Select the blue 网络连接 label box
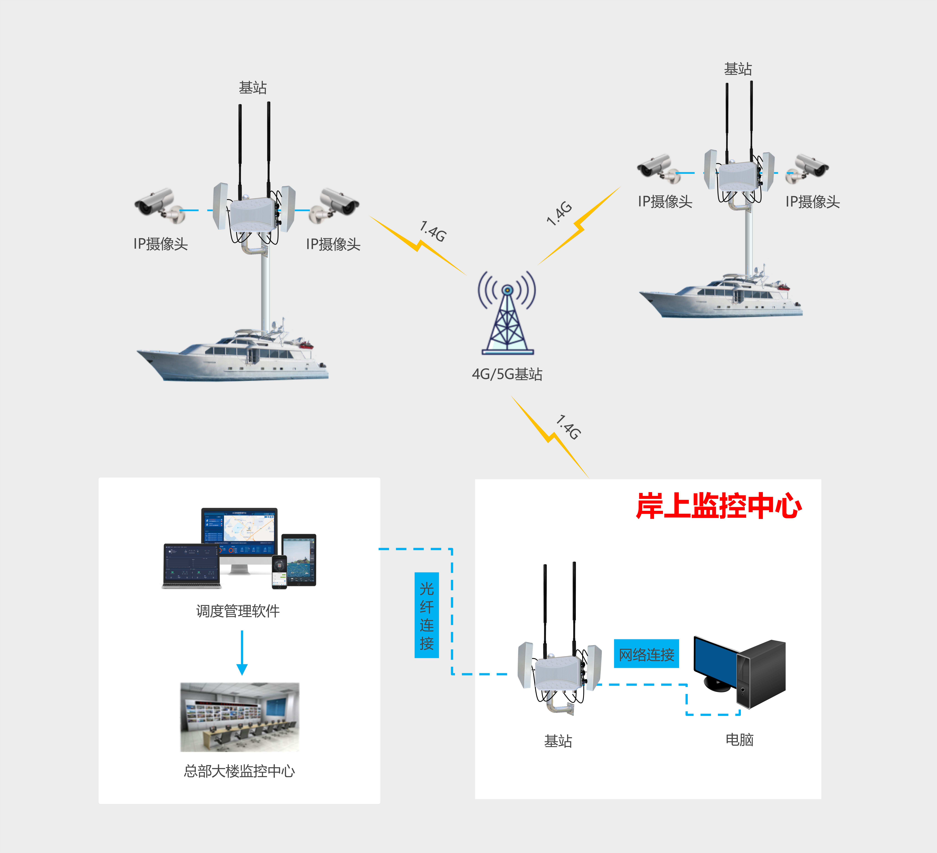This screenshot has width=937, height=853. [x=646, y=654]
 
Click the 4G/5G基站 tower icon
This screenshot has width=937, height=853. [x=507, y=313]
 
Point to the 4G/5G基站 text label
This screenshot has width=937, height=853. [x=507, y=374]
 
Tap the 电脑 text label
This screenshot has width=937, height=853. [x=740, y=740]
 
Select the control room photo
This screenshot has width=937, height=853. [x=240, y=717]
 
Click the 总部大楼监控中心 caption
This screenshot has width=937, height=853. [x=239, y=771]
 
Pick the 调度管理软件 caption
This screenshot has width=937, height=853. [x=238, y=611]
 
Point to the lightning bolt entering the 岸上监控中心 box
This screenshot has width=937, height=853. [x=550, y=437]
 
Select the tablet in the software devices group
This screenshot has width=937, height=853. [x=299, y=560]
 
